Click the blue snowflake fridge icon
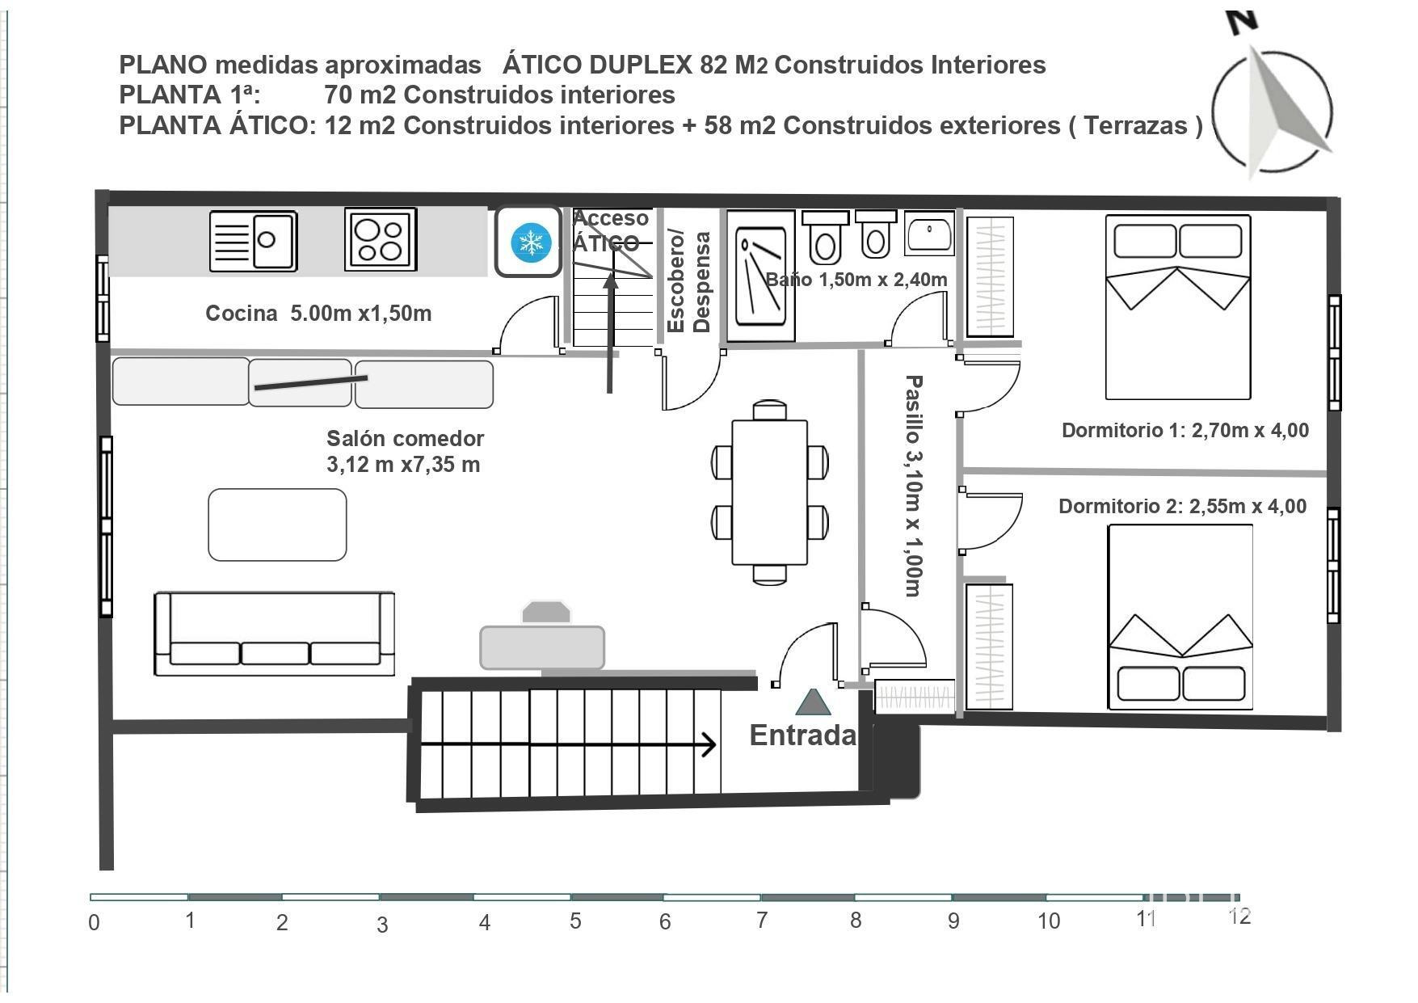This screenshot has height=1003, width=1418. pos(531,242)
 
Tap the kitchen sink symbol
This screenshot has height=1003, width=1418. pos(253,241)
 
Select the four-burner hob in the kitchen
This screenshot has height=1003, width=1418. pos(381,239)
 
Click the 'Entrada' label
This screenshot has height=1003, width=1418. pos(802,735)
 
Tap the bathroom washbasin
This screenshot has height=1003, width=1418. pos(929,234)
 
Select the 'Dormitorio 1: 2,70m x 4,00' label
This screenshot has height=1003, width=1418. pos(1184,430)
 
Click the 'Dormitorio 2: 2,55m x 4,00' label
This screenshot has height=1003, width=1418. pos(1182,507)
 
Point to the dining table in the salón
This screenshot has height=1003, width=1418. pos(769,492)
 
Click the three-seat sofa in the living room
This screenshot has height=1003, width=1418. pos(274,634)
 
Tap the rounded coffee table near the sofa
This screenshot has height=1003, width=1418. pos(277,525)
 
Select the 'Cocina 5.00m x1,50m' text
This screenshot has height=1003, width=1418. pos(318,314)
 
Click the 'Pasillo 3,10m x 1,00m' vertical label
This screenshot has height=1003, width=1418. pos(913,486)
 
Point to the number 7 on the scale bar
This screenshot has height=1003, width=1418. pos(761,920)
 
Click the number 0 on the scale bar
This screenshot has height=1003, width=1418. pos(95,923)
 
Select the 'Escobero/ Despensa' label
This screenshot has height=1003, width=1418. pos(688,281)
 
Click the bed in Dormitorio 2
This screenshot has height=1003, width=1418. pos(1180,617)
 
